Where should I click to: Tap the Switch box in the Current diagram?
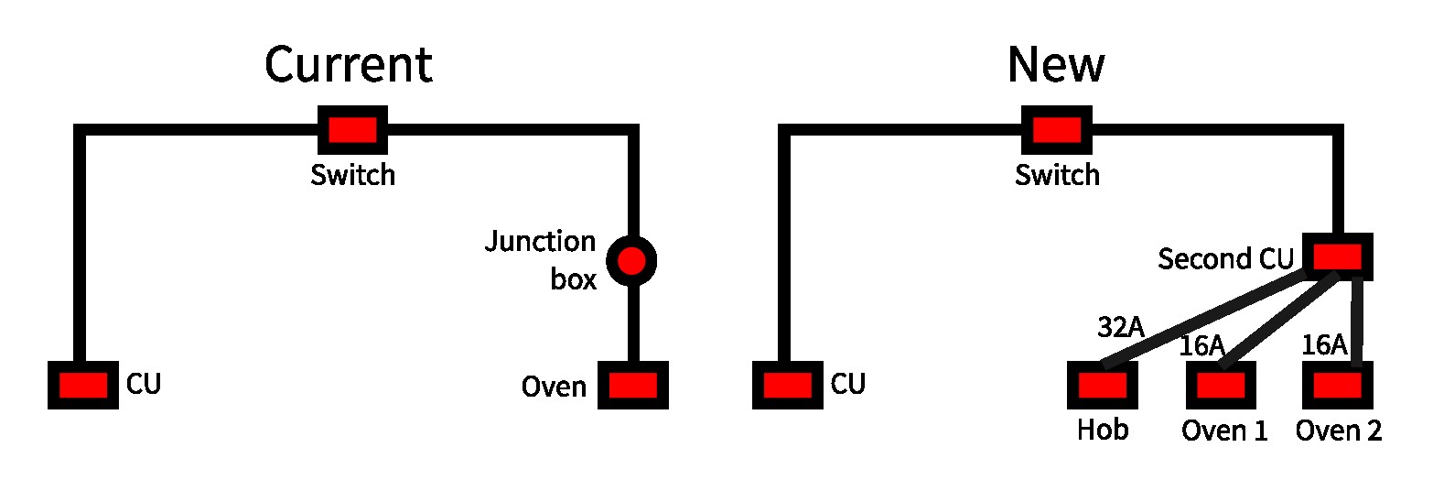point(352,130)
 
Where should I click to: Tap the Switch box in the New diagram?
point(1057,130)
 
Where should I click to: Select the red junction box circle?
point(631,262)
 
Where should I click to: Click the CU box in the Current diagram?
point(83,385)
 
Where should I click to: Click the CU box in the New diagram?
point(788,385)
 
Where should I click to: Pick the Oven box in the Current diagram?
point(633,385)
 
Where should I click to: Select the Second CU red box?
point(1337,257)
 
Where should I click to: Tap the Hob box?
point(1103,385)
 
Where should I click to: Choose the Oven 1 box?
point(1221,385)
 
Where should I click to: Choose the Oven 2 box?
point(1338,385)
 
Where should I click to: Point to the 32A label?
point(1121,327)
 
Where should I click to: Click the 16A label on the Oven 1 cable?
point(1201,345)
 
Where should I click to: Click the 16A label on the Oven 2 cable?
point(1323,345)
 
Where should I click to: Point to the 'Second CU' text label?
point(1225,259)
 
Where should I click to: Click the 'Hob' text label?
point(1103,430)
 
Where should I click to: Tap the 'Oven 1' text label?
point(1224,430)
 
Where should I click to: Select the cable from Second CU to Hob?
point(1217,322)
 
